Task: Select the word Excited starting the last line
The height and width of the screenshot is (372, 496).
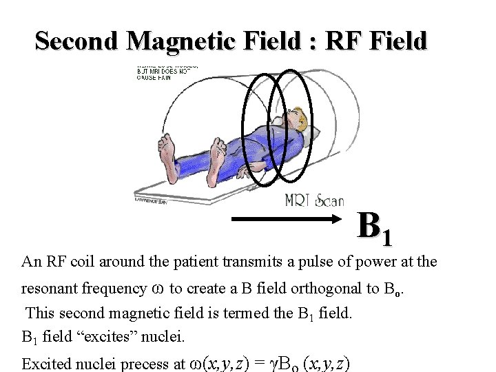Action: (45, 363)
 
